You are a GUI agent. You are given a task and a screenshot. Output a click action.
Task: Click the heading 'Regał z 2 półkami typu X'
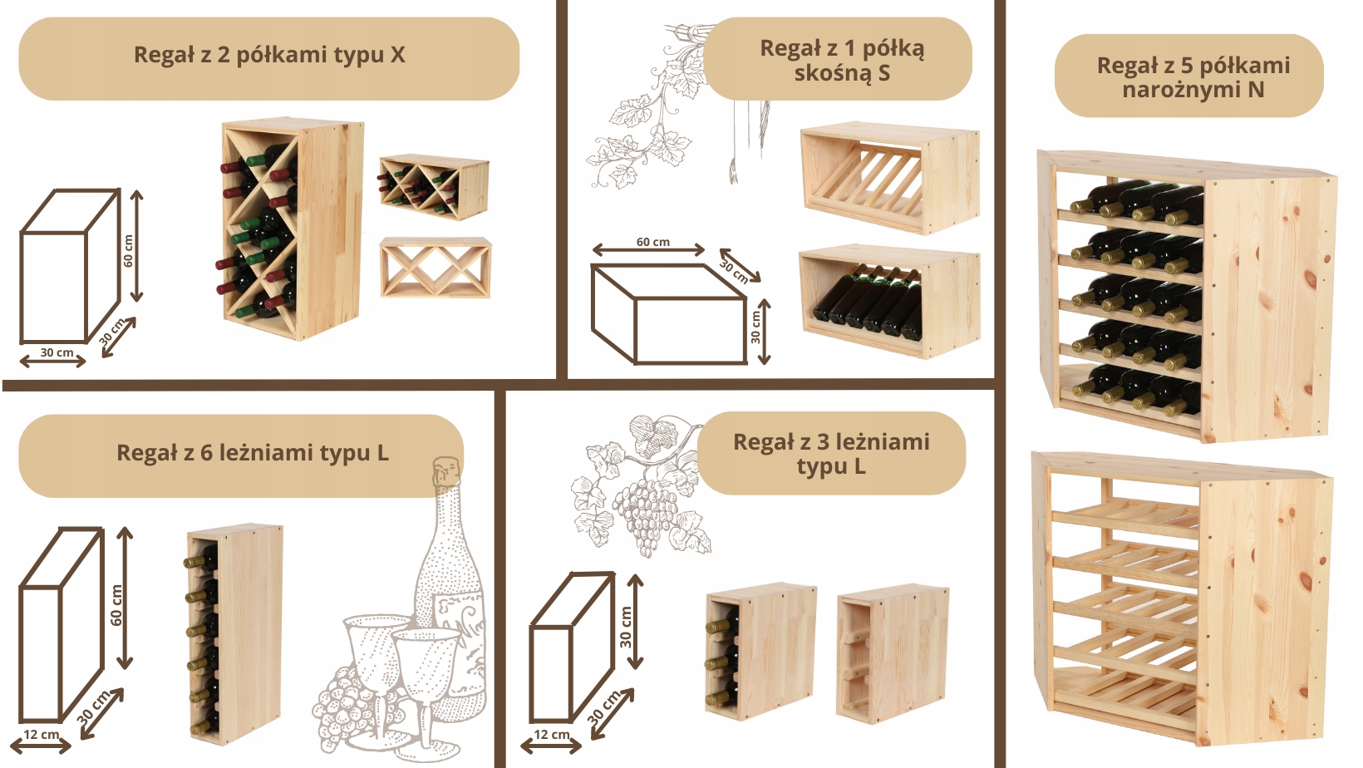click(x=269, y=55)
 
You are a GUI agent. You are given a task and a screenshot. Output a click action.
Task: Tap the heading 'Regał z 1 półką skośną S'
click(x=842, y=60)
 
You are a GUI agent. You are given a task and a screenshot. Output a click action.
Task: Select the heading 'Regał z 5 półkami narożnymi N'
click(x=1193, y=77)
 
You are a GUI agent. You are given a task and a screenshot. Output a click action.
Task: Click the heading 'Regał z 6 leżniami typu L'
click(x=253, y=453)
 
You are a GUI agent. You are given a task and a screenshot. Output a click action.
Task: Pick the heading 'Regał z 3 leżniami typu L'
click(x=831, y=454)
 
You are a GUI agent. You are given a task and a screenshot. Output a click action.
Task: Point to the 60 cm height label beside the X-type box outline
click(x=128, y=251)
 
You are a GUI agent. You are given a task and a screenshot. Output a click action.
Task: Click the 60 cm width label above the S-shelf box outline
click(x=653, y=242)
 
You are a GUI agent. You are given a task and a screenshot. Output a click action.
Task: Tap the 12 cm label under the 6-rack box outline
click(x=42, y=735)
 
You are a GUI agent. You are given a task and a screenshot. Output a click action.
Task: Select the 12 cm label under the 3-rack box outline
click(x=552, y=735)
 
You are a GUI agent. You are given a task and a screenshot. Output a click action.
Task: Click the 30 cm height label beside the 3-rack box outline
click(x=626, y=627)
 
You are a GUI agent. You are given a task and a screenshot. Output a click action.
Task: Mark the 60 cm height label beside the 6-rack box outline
click(x=116, y=605)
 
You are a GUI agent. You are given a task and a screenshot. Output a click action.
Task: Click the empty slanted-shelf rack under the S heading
click(x=889, y=178)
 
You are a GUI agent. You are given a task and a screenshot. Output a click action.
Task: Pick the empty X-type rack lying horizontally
click(x=435, y=268)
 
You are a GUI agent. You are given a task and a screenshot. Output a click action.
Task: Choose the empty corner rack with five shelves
click(x=1182, y=598)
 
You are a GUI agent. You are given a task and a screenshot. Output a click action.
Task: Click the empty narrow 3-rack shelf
click(x=893, y=654)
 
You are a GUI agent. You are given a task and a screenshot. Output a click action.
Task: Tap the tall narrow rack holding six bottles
click(x=234, y=634)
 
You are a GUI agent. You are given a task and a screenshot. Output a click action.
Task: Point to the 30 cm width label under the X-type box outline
click(x=57, y=352)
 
